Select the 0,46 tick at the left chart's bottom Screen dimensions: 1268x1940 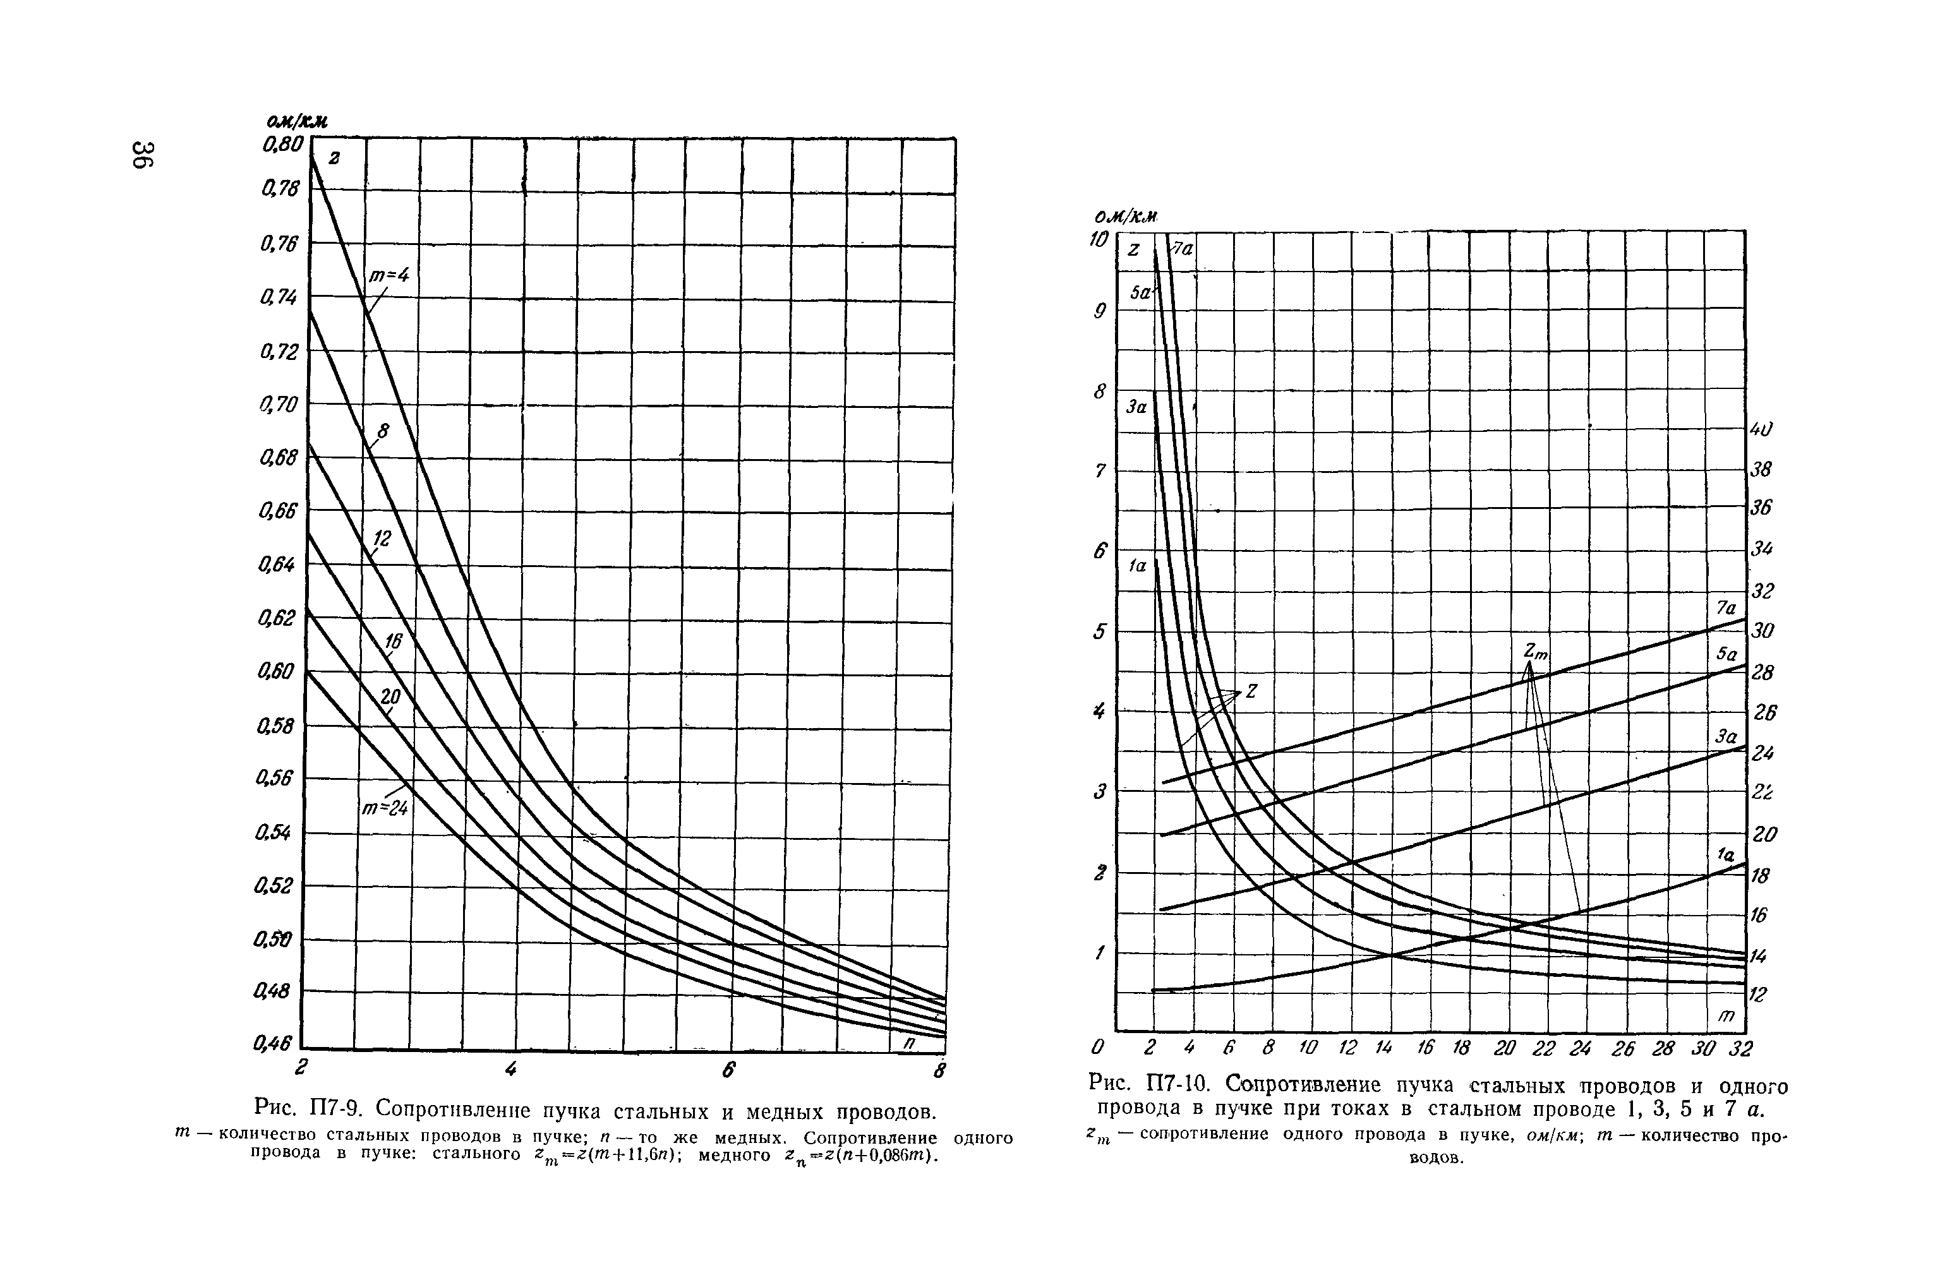272,1043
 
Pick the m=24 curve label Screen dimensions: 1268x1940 385,808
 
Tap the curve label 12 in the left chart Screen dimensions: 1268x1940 382,538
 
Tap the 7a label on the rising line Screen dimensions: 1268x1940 1726,608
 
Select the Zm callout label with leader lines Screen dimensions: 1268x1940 1536,651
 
